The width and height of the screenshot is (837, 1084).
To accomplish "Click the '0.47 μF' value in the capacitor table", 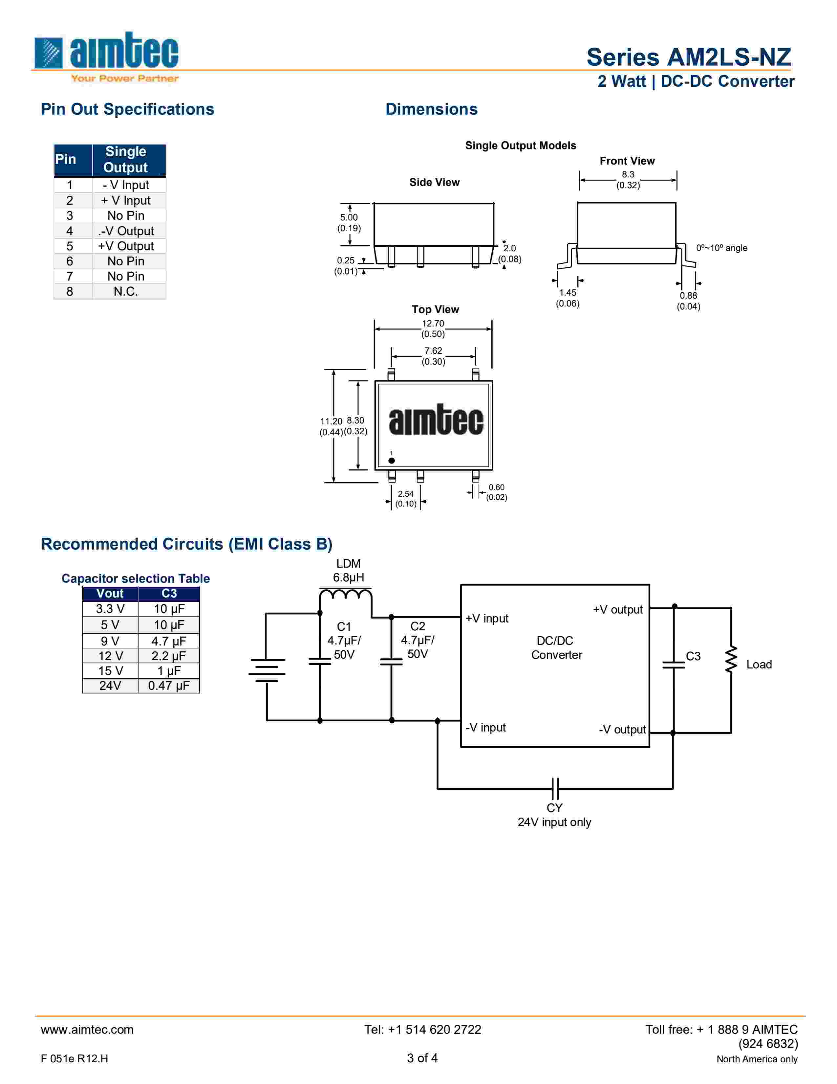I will (169, 686).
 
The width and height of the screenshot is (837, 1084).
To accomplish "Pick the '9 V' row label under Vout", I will (110, 641).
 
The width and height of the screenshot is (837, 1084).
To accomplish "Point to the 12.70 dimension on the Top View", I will (433, 324).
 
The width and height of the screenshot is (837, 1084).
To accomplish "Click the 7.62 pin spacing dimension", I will (433, 351).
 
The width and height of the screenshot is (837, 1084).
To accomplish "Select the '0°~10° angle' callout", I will (721, 248).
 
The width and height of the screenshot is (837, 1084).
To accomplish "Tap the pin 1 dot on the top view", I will (391, 461).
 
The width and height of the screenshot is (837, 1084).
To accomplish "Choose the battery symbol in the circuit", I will (267, 670).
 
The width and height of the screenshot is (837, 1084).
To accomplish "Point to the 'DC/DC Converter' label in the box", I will (556, 648).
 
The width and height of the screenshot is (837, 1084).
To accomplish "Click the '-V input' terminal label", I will (485, 728).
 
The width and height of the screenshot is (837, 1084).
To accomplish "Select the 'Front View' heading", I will (627, 161).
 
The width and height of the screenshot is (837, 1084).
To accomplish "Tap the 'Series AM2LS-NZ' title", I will (688, 57).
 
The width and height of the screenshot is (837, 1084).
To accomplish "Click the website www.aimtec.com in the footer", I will (87, 1029).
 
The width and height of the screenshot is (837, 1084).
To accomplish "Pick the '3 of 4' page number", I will (422, 1058).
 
